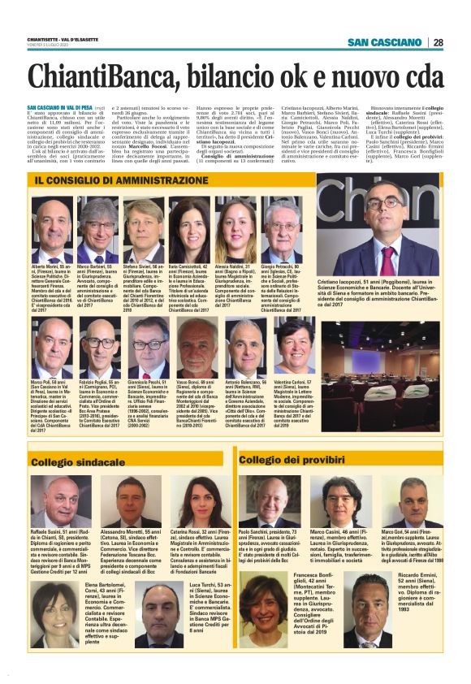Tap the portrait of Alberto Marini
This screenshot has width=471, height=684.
(54, 232)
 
